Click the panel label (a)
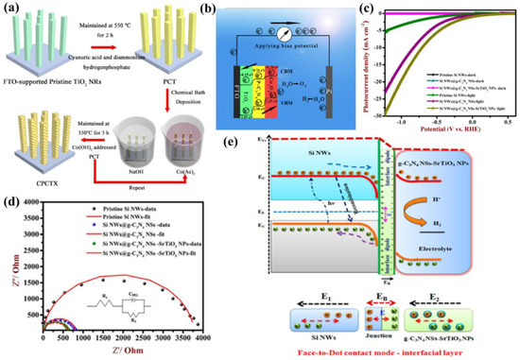(11, 9)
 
